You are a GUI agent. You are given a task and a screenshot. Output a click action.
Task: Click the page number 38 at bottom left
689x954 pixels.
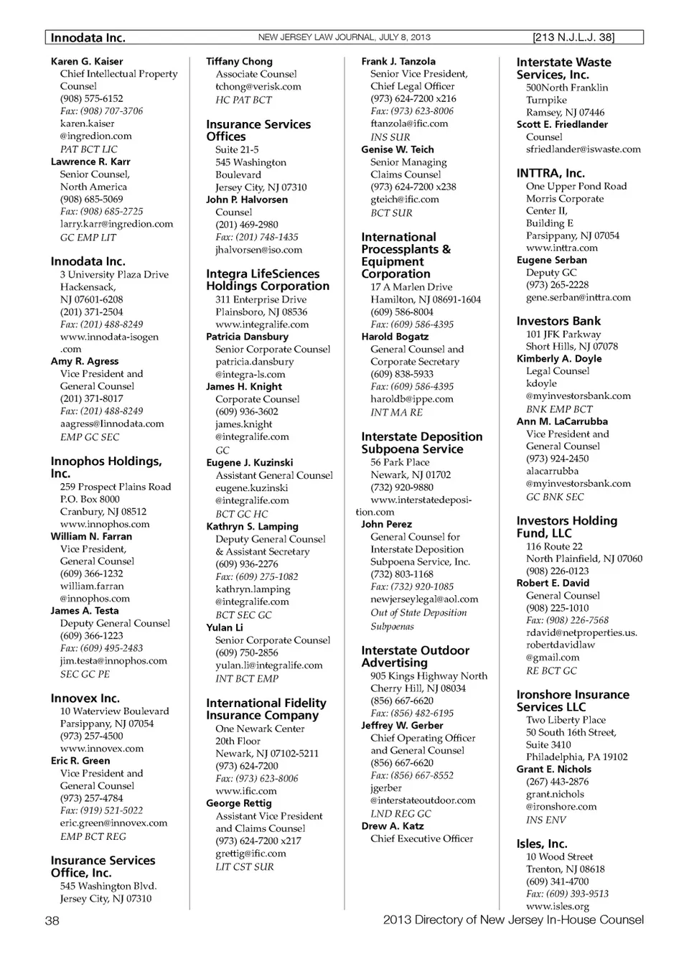pyautogui.click(x=52, y=920)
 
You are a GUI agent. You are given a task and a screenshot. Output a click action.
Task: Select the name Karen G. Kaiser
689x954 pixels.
pyautogui.click(x=87, y=62)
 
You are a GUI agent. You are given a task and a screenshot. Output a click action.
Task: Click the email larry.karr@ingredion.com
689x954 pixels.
pyautogui.click(x=116, y=224)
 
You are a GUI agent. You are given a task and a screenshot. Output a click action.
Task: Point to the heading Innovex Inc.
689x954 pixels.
pyautogui.click(x=85, y=698)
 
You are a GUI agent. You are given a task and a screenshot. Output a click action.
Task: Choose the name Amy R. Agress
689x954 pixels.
pyautogui.click(x=85, y=361)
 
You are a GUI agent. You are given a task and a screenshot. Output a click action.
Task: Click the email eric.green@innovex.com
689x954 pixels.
pyautogui.click(x=113, y=823)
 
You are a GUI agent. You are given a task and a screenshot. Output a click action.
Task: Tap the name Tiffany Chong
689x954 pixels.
pyautogui.click(x=239, y=62)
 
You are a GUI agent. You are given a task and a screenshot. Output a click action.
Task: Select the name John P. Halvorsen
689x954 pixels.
pyautogui.click(x=247, y=200)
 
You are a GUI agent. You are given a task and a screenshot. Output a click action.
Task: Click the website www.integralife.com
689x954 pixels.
pyautogui.click(x=262, y=324)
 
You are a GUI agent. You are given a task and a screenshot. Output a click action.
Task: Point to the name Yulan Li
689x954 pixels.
pyautogui.click(x=225, y=627)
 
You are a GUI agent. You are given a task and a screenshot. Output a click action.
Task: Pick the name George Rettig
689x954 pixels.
pyautogui.click(x=239, y=803)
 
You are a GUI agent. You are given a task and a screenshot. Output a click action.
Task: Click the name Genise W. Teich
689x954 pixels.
pyautogui.click(x=398, y=149)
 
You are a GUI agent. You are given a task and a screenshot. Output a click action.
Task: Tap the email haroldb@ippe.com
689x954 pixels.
pyautogui.click(x=412, y=399)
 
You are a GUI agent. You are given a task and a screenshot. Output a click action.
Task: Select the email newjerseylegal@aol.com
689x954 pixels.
pyautogui.click(x=424, y=599)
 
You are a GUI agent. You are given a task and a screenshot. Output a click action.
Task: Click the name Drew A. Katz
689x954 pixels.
pyautogui.click(x=393, y=826)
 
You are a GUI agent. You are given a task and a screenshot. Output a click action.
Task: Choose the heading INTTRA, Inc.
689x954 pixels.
pyautogui.click(x=550, y=173)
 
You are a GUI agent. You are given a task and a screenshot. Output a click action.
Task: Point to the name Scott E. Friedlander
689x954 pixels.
pyautogui.click(x=562, y=124)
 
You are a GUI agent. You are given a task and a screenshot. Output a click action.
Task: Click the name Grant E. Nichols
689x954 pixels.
pyautogui.click(x=554, y=769)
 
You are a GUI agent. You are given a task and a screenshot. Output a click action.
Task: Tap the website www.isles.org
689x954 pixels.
pyautogui.click(x=558, y=906)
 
